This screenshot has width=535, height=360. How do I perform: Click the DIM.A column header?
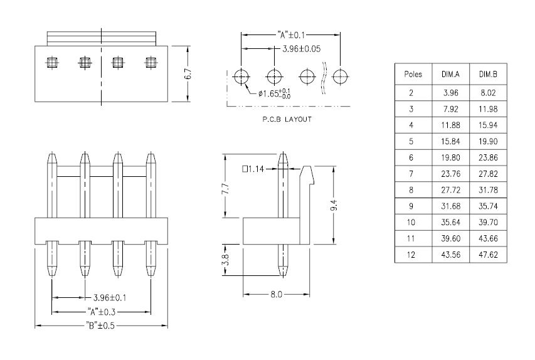[450, 74]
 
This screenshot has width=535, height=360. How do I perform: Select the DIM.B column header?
[488, 74]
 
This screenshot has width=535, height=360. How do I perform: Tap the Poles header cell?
[413, 74]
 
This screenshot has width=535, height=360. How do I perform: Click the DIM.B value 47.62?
[488, 255]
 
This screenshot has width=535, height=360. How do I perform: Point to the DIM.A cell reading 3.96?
[450, 93]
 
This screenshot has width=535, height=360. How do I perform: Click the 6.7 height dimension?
[188, 73]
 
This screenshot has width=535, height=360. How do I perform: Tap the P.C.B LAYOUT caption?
[287, 119]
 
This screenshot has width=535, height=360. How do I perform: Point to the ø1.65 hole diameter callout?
[273, 94]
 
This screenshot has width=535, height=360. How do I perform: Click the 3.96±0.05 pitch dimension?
[301, 48]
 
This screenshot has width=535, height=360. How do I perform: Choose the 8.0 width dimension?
[277, 294]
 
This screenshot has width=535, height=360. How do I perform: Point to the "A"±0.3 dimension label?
[102, 312]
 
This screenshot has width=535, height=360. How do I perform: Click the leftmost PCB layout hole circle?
[241, 77]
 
